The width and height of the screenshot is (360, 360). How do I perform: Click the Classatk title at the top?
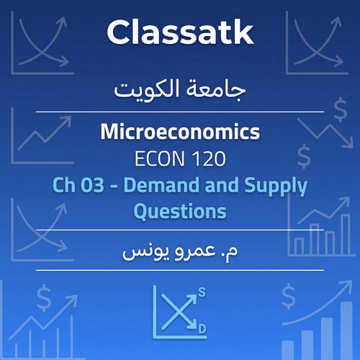tap(180, 32)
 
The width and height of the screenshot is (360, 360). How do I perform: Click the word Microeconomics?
tap(180, 133)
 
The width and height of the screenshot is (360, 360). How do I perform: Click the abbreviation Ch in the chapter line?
tap(65, 186)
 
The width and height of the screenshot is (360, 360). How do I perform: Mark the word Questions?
tap(180, 212)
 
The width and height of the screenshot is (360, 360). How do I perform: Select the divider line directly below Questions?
tap(180, 230)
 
